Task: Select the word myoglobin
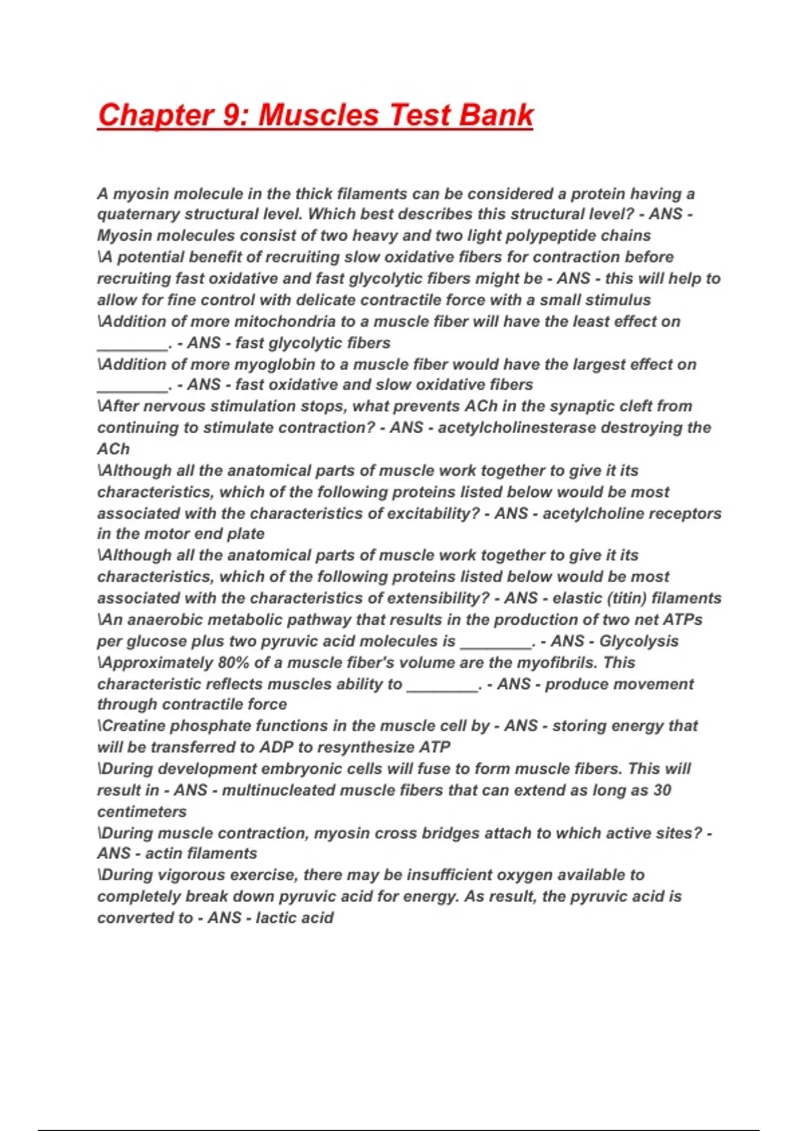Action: (x=291, y=365)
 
